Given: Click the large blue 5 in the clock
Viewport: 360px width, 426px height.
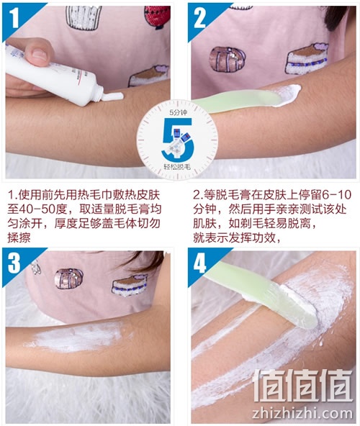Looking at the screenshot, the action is pos(178,139).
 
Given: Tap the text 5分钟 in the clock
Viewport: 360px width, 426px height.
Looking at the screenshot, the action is pos(178,112).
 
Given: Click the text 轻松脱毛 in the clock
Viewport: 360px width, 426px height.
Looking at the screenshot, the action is pos(177,166).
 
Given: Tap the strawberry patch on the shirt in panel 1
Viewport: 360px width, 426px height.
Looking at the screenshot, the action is pos(157,17).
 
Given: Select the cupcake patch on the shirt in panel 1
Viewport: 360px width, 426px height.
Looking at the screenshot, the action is pos(84,17).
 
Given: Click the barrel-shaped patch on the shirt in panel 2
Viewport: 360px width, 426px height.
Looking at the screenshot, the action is pos(228,59).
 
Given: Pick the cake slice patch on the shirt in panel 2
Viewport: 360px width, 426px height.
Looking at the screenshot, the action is pos(307,59).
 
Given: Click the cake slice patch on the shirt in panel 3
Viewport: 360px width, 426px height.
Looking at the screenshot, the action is pos(130,285).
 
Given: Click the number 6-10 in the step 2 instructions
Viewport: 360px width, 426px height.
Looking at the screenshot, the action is pos(337,195).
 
